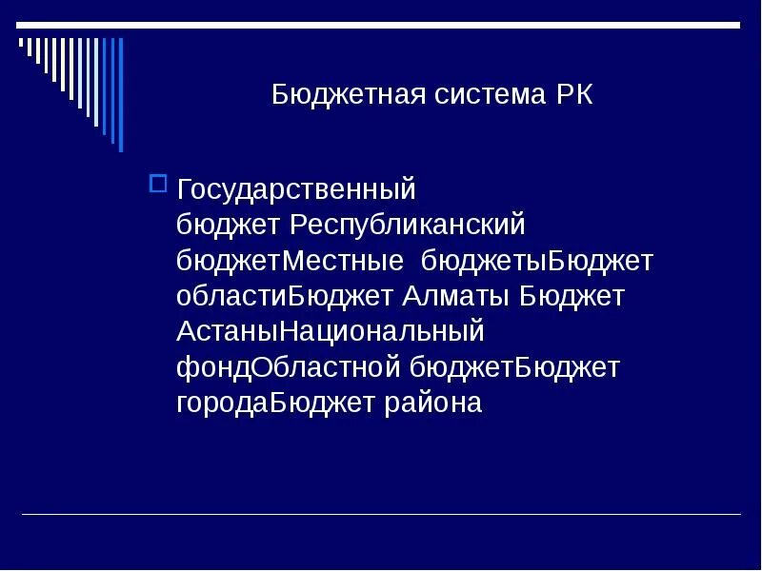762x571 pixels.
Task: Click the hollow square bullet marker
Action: click(x=159, y=182)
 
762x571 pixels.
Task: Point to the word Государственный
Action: click(x=296, y=189)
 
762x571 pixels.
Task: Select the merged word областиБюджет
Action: click(x=285, y=297)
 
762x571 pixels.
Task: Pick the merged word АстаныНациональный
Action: click(x=331, y=332)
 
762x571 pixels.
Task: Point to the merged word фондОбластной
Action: click(x=290, y=367)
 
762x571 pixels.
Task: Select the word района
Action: click(x=432, y=403)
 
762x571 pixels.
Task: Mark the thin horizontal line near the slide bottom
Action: click(x=381, y=515)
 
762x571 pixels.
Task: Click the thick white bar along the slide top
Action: click(x=381, y=26)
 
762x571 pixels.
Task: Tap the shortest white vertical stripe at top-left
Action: click(x=21, y=43)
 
